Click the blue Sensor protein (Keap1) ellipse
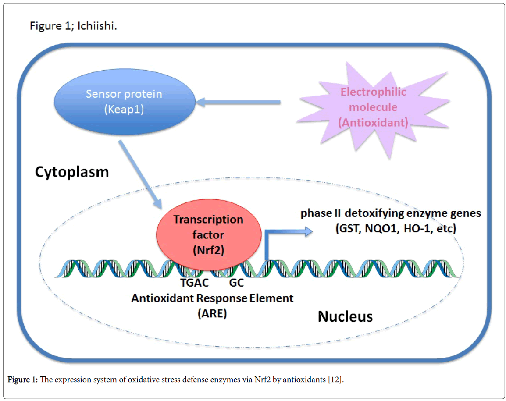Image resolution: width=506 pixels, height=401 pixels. (x=125, y=102)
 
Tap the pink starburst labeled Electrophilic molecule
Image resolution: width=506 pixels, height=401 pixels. (x=373, y=108)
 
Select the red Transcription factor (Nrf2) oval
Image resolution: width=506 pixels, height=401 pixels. (x=208, y=234)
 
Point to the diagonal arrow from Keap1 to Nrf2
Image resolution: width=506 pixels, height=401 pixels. (x=140, y=174)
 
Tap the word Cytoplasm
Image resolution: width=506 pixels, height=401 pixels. (x=72, y=172)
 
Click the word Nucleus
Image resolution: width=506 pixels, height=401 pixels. (x=345, y=316)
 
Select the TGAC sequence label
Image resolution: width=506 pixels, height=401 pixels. (x=194, y=283)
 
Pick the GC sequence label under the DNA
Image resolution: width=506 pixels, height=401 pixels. (x=236, y=283)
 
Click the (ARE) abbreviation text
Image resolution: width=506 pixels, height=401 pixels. (x=212, y=313)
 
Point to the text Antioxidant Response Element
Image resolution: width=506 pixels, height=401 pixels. (x=212, y=298)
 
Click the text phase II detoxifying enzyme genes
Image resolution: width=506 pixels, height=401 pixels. (x=391, y=213)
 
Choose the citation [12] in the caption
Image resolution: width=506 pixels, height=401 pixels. (x=335, y=380)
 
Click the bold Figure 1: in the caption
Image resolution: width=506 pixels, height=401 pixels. (x=23, y=380)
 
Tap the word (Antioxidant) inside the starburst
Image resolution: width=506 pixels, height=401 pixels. (x=373, y=123)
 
